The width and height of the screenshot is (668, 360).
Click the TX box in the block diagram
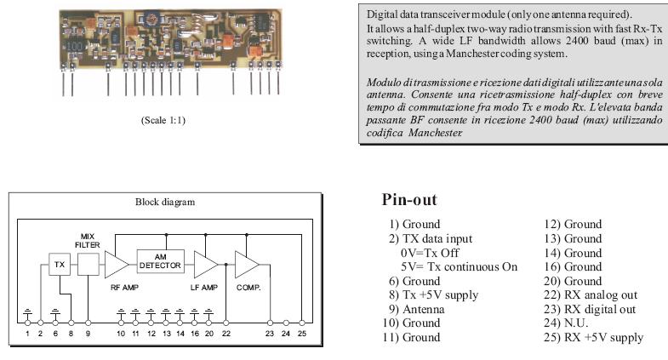(x=59, y=264)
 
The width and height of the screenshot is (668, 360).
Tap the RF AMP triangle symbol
(x=116, y=266)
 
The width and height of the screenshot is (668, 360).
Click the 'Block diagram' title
(x=165, y=203)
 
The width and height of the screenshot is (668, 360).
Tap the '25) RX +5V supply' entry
(x=593, y=337)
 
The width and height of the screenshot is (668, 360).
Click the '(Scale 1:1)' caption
(x=162, y=120)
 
